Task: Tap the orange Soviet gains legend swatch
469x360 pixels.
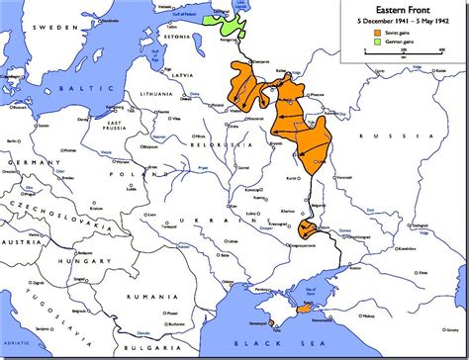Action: tap(376, 33)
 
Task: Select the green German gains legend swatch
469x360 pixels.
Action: tap(376, 43)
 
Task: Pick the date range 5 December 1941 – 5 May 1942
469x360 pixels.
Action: tap(404, 20)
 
